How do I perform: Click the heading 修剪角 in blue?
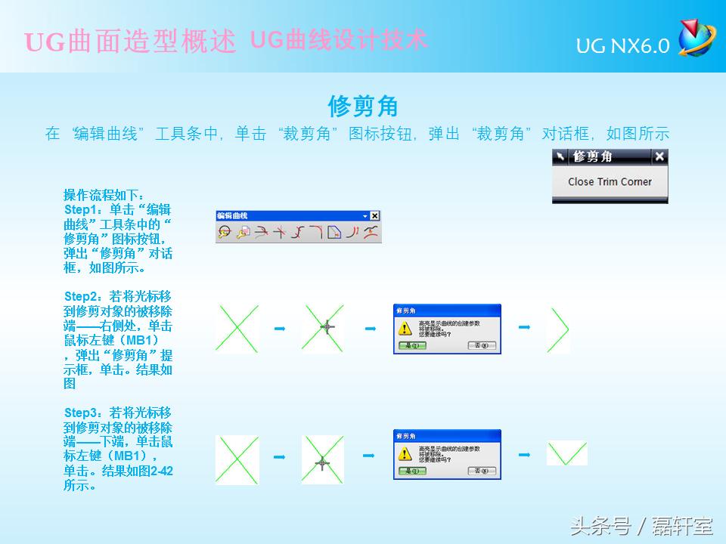coord(363,105)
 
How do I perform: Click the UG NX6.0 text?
coord(622,46)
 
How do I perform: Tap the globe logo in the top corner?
coord(695,38)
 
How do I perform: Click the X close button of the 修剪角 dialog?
coord(659,156)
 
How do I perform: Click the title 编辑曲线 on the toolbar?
coord(228,216)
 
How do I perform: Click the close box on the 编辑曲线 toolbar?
coord(374,216)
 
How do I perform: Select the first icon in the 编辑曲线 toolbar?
coord(225,233)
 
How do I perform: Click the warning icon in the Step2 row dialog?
coord(405,327)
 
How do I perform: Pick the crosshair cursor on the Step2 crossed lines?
coord(327,326)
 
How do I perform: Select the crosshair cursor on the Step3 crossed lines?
coord(322,462)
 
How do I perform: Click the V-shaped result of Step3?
coord(566,453)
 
